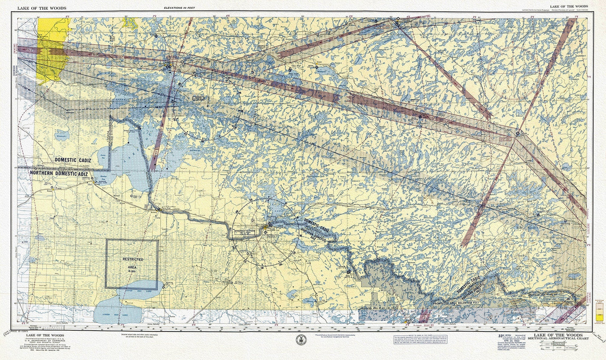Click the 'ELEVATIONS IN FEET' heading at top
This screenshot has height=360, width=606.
point(179,8)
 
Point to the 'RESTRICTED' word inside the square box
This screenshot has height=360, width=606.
point(133,260)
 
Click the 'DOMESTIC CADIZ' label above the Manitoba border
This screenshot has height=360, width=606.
point(73,160)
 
